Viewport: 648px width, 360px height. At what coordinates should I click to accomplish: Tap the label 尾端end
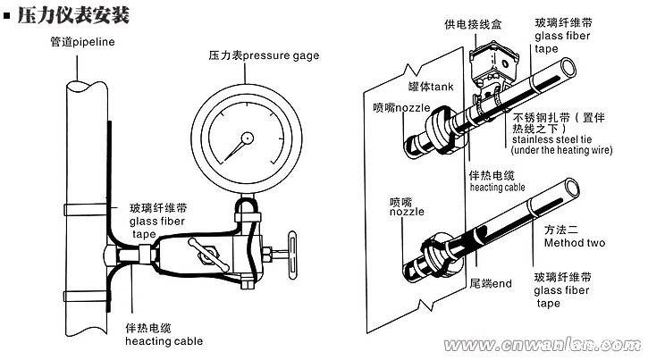[490, 284]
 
